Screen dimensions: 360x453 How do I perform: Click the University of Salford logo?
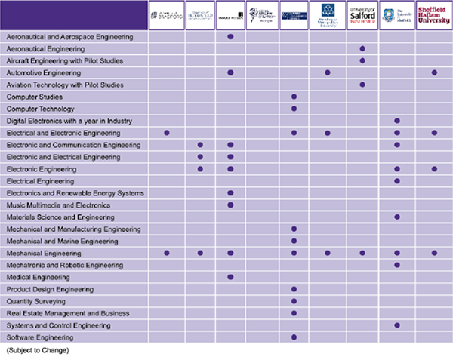tap(362, 15)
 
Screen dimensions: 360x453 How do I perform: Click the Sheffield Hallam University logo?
tap(433, 15)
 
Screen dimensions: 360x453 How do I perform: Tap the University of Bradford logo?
tap(167, 15)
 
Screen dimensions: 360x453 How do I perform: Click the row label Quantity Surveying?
tap(35, 301)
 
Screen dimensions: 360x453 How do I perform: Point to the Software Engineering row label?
tap(39, 337)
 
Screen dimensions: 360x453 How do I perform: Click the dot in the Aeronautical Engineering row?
tap(362, 48)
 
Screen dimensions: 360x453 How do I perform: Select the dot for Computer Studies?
tap(294, 97)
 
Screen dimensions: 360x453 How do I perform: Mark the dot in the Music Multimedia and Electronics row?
tap(230, 205)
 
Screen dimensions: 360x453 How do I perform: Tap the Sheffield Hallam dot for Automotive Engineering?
tap(434, 72)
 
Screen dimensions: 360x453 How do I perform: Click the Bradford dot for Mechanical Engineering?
tap(167, 253)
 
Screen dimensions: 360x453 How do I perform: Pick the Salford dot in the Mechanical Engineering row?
tap(362, 253)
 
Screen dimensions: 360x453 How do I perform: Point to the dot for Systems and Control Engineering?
tap(397, 325)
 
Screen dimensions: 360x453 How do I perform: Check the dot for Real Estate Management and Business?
tap(294, 313)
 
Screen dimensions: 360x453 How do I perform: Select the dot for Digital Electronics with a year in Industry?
tap(397, 121)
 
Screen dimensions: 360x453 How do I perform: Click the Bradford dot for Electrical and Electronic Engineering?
tap(167, 133)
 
